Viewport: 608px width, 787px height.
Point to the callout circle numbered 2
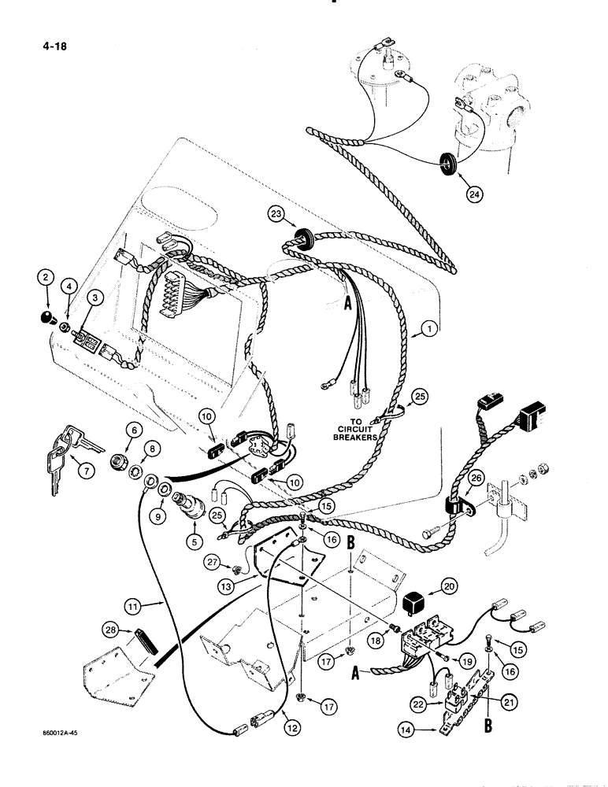click(x=46, y=276)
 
